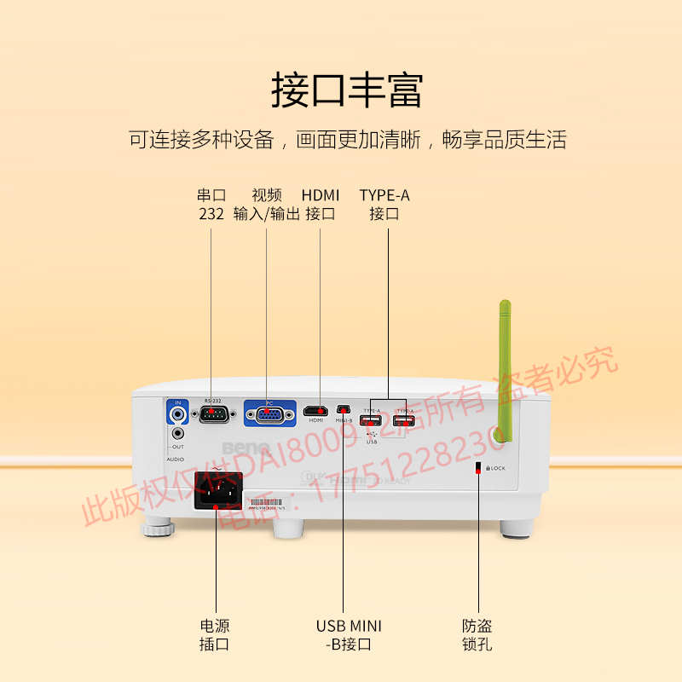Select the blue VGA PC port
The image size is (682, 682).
[269, 415]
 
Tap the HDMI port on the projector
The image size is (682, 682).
[315, 411]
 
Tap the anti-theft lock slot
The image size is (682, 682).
[478, 468]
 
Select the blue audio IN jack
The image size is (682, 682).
[178, 415]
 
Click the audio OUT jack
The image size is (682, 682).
[178, 433]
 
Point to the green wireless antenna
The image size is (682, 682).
[505, 371]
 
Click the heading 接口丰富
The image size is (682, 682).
[346, 90]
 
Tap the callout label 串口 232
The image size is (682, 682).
[211, 205]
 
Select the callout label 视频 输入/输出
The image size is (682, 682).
[266, 205]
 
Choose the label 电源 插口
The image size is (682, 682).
[214, 635]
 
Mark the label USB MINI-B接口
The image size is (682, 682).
[349, 635]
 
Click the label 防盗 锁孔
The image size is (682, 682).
[477, 635]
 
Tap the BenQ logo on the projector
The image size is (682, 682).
[246, 448]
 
